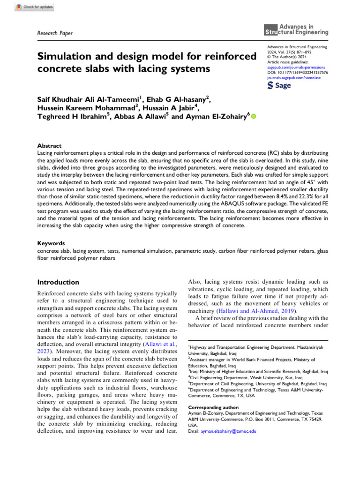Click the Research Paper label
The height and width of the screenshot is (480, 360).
point(55,33)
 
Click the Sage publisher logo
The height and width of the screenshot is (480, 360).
point(279,86)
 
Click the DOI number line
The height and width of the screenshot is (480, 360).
point(297,73)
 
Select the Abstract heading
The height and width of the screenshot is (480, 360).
point(49,146)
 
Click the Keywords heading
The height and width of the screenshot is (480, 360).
point(51,244)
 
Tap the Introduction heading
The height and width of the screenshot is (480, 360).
point(58,282)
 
